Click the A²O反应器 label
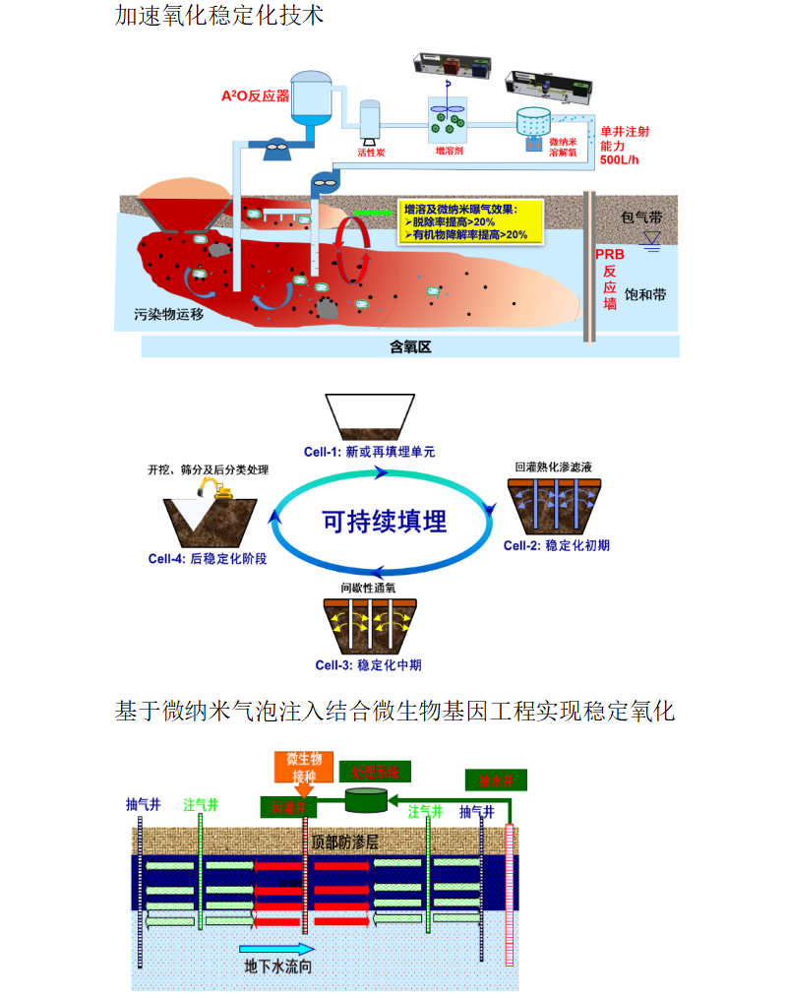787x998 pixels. [x=255, y=96]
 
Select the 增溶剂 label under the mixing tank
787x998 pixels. [x=450, y=153]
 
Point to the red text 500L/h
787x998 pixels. [x=619, y=159]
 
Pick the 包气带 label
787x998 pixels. [x=643, y=216]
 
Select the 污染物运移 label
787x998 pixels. [x=169, y=316]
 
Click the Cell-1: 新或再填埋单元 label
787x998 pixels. [x=369, y=452]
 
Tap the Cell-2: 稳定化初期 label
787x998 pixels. [x=556, y=544]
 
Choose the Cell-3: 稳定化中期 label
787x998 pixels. [x=369, y=664]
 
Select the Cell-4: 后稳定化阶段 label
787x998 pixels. [x=208, y=557]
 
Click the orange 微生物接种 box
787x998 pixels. [x=303, y=767]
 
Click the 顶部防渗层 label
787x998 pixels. [x=344, y=842]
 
